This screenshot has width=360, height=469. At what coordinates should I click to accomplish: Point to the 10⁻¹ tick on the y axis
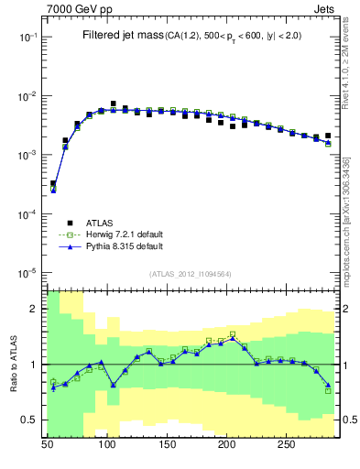coord(29,37)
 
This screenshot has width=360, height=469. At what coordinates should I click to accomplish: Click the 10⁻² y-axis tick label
coord(29,96)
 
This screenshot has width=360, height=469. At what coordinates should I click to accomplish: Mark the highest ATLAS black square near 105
coord(113,104)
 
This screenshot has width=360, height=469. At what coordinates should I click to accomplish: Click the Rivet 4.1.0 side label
coord(352,73)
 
